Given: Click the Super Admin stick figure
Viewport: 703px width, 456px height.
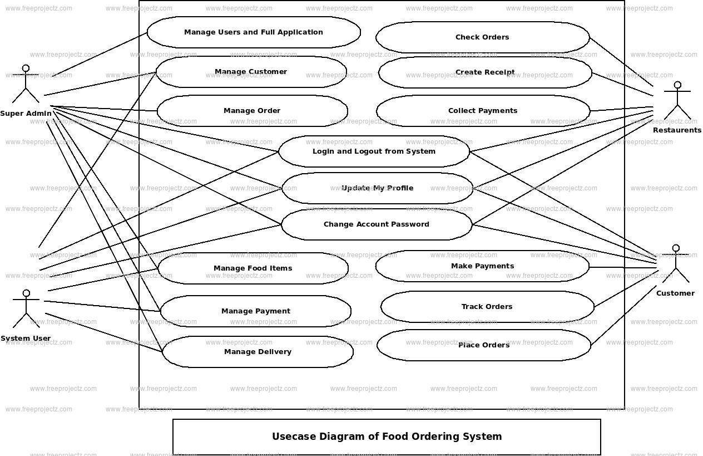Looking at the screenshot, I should (x=26, y=85).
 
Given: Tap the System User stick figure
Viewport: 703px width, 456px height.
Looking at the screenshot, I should (x=26, y=309).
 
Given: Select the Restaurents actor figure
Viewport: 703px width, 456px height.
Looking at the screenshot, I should (x=677, y=101).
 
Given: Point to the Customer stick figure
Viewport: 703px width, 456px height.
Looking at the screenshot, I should (x=676, y=264).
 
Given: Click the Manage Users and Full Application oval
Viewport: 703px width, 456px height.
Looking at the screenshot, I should (x=254, y=32).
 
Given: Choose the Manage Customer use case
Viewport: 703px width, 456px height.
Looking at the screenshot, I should (x=251, y=72).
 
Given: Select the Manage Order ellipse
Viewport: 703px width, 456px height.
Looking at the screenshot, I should (x=252, y=111).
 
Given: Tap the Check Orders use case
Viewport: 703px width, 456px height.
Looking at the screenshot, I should (x=482, y=37).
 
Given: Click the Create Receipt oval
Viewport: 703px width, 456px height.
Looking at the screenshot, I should (x=485, y=72).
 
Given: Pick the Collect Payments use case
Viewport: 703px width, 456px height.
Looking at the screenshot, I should (x=483, y=111).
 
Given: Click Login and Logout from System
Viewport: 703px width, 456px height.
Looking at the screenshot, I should (x=374, y=151).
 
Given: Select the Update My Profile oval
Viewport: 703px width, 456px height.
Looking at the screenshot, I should (x=377, y=188).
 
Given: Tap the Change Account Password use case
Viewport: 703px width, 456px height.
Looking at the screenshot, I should (x=377, y=224).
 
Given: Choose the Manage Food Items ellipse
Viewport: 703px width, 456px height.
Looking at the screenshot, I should (x=253, y=268).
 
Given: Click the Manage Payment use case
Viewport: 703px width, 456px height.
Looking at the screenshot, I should (x=256, y=311).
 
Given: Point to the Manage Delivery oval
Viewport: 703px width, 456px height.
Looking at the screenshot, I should (x=258, y=352).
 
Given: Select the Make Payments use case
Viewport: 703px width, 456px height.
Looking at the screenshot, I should (x=482, y=266).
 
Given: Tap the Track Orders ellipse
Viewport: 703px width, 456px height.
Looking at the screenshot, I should (x=487, y=307).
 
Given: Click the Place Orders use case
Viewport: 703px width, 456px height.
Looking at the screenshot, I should (x=484, y=345).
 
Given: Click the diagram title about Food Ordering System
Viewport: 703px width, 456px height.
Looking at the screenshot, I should (x=387, y=437).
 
